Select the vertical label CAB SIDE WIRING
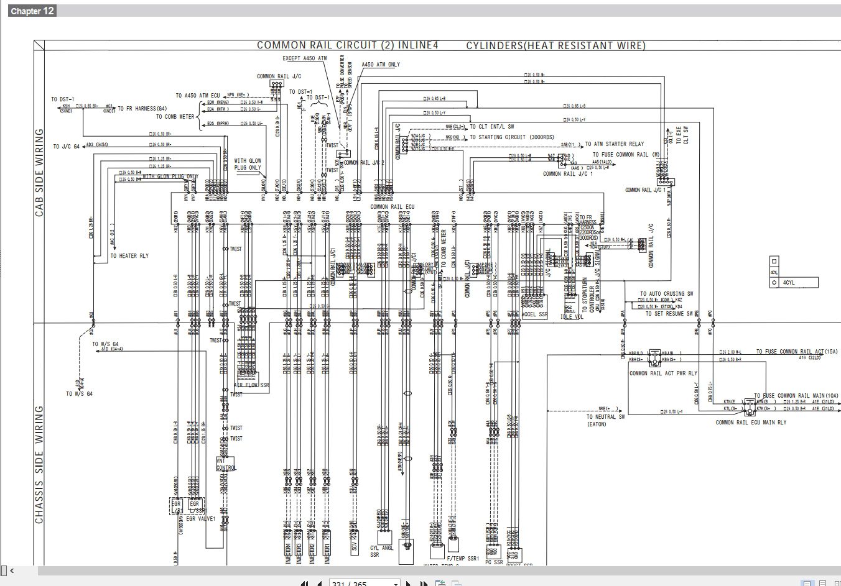39,172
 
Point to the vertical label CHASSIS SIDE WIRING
39,464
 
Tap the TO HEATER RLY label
129,256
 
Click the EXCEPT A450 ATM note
304,58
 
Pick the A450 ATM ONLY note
381,65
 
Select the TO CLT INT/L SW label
496,126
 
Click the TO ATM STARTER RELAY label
615,144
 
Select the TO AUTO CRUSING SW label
667,294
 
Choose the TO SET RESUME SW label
669,314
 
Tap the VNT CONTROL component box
226,464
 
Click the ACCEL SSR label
535,314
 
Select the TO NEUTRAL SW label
605,418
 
